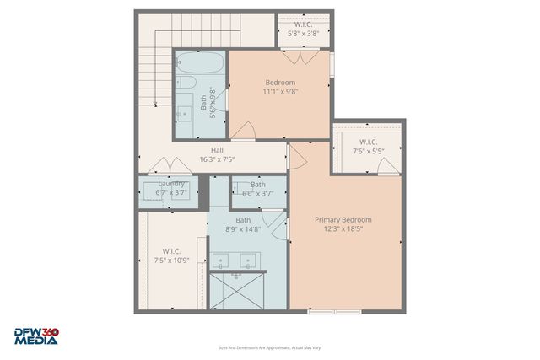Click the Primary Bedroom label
343,220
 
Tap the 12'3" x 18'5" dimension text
343,230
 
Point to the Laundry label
171,183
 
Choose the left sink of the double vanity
223,262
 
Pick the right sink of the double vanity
247,262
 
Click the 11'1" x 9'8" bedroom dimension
279,92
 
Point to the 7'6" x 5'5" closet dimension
368,152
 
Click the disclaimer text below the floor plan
269,347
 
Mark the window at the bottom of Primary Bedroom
334,312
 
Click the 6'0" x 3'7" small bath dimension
257,193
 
